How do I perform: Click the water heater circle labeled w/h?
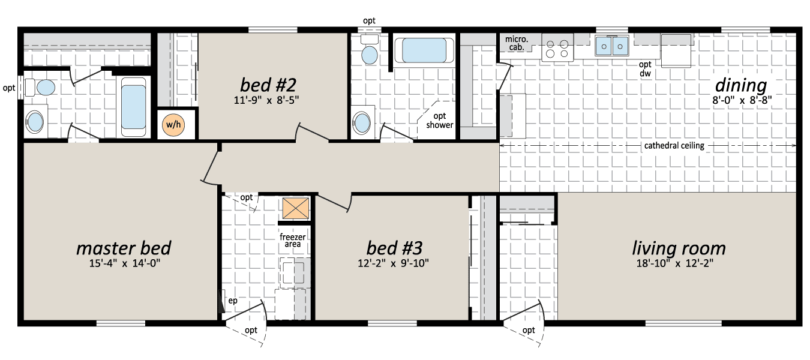[173, 125]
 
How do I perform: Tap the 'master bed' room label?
[124, 248]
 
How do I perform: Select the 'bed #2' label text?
[268, 85]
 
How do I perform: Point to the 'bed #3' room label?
[394, 248]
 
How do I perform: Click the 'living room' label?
[679, 248]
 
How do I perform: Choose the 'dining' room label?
[741, 86]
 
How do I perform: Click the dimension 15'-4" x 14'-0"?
[125, 263]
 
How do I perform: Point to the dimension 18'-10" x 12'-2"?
[675, 263]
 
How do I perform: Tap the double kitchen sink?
[612, 46]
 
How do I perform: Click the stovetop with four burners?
[557, 48]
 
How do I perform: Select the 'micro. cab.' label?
[517, 43]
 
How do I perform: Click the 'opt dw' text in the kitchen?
[645, 68]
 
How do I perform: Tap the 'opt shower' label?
[439, 121]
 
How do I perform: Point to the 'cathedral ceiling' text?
[674, 146]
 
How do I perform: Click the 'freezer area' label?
[293, 241]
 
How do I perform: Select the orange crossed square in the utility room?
[296, 208]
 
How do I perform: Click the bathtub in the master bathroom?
[133, 107]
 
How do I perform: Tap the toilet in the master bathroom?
[41, 87]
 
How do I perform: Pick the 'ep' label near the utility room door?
[233, 301]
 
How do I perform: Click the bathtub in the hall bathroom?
[424, 50]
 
